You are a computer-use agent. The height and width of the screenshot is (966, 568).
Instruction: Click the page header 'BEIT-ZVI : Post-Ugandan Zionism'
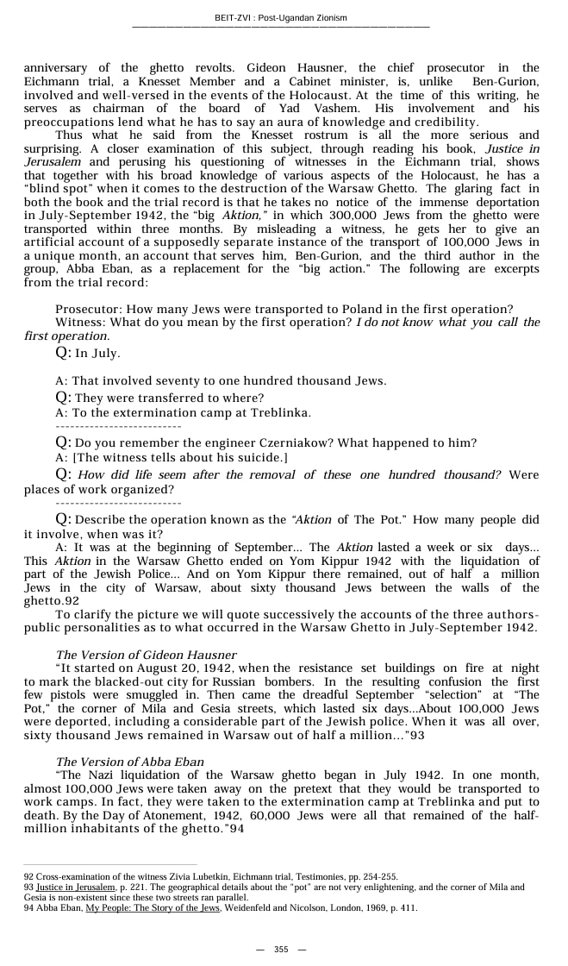click(281, 17)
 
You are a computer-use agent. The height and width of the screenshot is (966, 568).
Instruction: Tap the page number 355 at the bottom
click(281, 949)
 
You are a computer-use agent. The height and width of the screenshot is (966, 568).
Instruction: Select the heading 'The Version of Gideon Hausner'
click(146, 655)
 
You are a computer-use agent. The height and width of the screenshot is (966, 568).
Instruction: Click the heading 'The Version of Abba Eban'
click(129, 762)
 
